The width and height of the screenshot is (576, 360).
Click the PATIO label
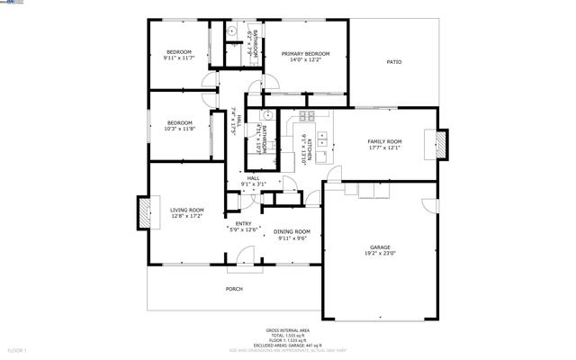[394, 62]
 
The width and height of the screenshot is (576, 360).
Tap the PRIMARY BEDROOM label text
[305, 54]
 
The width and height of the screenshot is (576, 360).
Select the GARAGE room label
[381, 247]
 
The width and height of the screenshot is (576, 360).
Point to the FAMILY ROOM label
[384, 142]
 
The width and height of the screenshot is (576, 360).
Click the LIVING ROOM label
[187, 211]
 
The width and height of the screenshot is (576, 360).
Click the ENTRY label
[244, 224]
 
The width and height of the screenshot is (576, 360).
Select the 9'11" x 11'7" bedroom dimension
[179, 58]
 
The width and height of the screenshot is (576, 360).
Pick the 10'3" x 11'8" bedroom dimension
[179, 129]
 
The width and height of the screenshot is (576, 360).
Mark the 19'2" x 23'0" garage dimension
[381, 254]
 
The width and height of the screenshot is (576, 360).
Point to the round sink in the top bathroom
[231, 31]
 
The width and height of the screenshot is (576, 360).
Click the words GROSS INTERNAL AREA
[288, 329]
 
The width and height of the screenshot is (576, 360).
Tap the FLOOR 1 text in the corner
[18, 349]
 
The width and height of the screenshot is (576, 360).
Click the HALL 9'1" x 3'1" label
[253, 182]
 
